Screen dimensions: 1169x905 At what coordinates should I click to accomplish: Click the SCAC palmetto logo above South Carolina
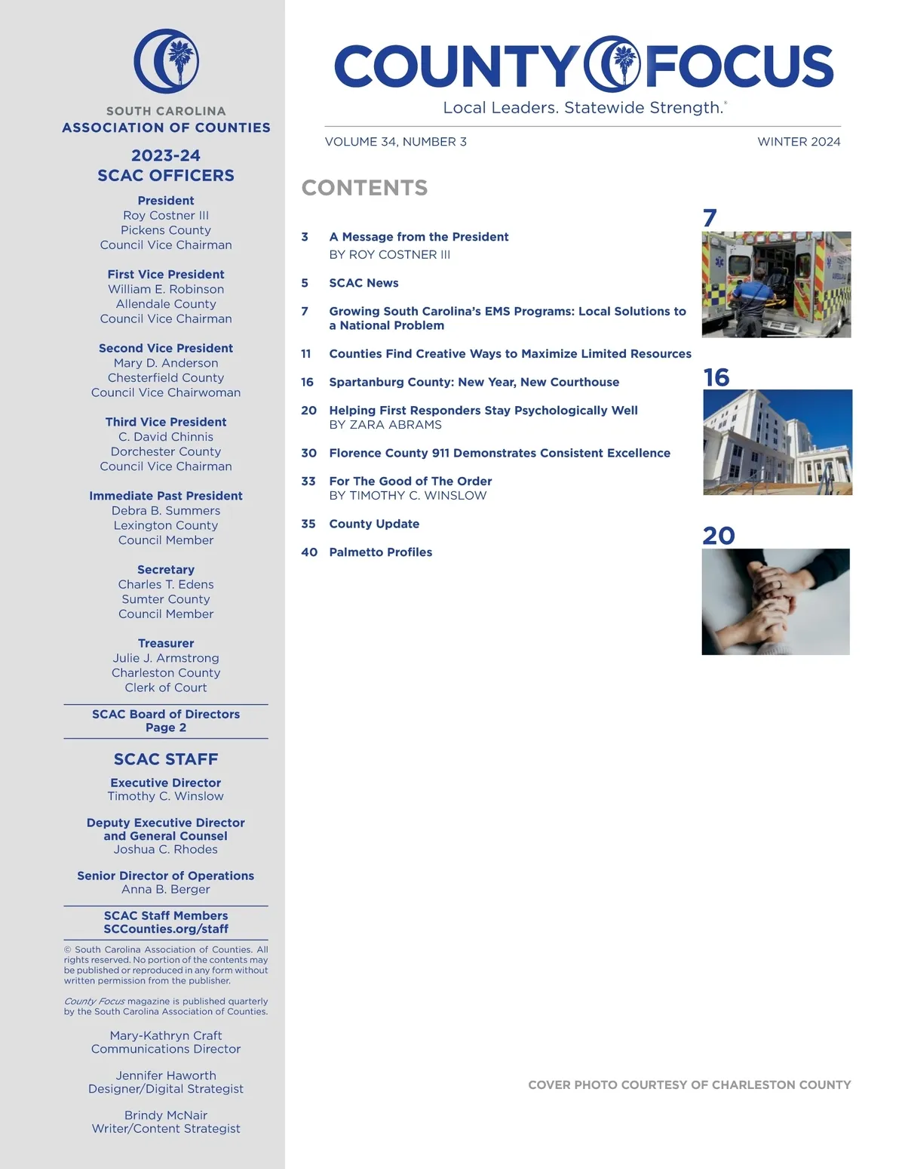tap(167, 61)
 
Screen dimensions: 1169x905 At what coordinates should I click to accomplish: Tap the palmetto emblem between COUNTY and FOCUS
tap(612, 63)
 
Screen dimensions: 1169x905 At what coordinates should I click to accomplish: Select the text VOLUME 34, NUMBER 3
tap(395, 142)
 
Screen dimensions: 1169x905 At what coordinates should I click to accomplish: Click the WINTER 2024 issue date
tap(799, 142)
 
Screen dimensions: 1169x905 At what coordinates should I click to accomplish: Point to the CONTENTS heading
tap(364, 188)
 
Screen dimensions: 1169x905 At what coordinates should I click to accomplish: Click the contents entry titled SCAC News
tap(364, 283)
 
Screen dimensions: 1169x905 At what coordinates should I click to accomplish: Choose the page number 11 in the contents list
tap(306, 354)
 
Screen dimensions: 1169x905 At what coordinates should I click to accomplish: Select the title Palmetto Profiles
tap(380, 552)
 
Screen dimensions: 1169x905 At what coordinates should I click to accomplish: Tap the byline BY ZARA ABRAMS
tap(385, 425)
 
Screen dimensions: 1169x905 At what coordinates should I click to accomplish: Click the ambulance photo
tap(776, 285)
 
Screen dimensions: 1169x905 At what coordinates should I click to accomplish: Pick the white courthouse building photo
tap(777, 442)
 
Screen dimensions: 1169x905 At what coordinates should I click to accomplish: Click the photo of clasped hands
tap(775, 601)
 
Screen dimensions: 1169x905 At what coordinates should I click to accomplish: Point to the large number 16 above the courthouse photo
tap(716, 377)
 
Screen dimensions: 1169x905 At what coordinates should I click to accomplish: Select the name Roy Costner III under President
tap(166, 215)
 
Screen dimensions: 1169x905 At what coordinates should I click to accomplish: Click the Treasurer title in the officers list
tap(166, 643)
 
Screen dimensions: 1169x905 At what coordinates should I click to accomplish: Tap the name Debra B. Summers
tap(166, 511)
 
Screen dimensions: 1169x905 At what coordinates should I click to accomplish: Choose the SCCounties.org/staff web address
tap(166, 929)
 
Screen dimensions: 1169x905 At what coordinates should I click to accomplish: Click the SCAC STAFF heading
tap(166, 759)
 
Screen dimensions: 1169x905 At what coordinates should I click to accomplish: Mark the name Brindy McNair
tap(166, 1115)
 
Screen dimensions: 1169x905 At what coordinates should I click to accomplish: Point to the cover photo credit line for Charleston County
tap(689, 1085)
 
